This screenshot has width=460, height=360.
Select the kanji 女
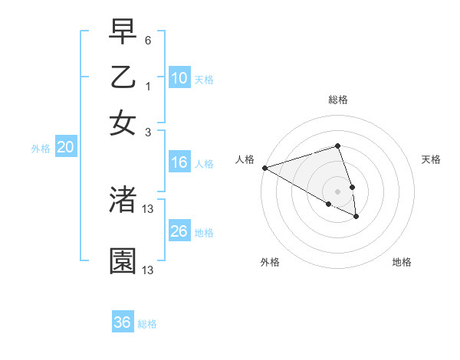(x=123, y=123)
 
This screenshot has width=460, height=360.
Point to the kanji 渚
(x=123, y=200)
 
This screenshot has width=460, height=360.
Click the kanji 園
(x=123, y=261)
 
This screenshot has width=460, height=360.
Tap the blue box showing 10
(x=179, y=78)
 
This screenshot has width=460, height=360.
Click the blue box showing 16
(x=179, y=162)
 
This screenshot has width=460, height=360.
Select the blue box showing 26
(x=179, y=231)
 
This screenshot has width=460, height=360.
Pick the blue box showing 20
(x=65, y=148)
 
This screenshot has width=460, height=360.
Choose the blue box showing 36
(x=123, y=322)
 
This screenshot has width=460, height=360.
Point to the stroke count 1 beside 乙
(x=148, y=87)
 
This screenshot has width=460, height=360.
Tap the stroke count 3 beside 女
(x=148, y=132)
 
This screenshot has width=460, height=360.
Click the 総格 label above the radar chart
(x=337, y=100)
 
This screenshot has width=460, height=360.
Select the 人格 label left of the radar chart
(x=245, y=159)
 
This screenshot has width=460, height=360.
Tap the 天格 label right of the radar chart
(x=431, y=159)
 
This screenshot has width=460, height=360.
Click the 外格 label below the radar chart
(x=270, y=262)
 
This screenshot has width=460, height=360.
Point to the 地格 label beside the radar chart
(x=402, y=262)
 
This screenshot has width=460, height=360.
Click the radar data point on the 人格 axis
(x=264, y=168)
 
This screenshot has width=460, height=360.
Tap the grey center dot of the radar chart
(x=337, y=191)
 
